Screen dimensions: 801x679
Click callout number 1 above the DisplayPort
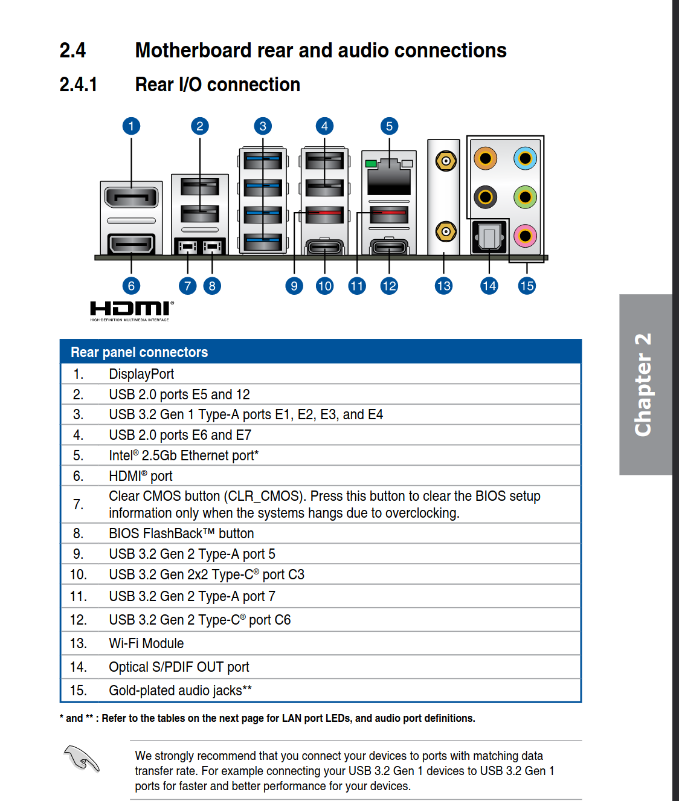[x=131, y=126]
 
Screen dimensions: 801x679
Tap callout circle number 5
[x=389, y=126]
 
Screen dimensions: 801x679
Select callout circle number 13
[x=443, y=286]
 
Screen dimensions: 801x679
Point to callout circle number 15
[x=527, y=286]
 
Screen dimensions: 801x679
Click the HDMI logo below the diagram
[x=132, y=310]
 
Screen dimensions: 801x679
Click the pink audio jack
[x=525, y=236]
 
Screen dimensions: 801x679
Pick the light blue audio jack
[x=525, y=159]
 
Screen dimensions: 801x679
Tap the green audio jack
[x=525, y=197]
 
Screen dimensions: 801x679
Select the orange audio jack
[x=485, y=159]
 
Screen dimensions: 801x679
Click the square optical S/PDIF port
[x=489, y=237]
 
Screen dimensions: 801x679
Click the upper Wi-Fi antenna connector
[x=446, y=161]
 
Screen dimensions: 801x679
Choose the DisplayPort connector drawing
[x=131, y=197]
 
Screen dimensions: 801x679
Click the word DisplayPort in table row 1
[x=141, y=374]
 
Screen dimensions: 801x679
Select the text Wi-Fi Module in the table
[x=146, y=643]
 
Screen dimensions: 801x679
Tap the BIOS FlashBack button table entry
[x=181, y=533]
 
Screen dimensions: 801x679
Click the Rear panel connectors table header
[x=139, y=352]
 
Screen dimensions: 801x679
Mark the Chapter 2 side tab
[x=644, y=384]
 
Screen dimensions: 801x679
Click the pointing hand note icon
[x=82, y=758]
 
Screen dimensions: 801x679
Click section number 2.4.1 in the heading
[x=79, y=85]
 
